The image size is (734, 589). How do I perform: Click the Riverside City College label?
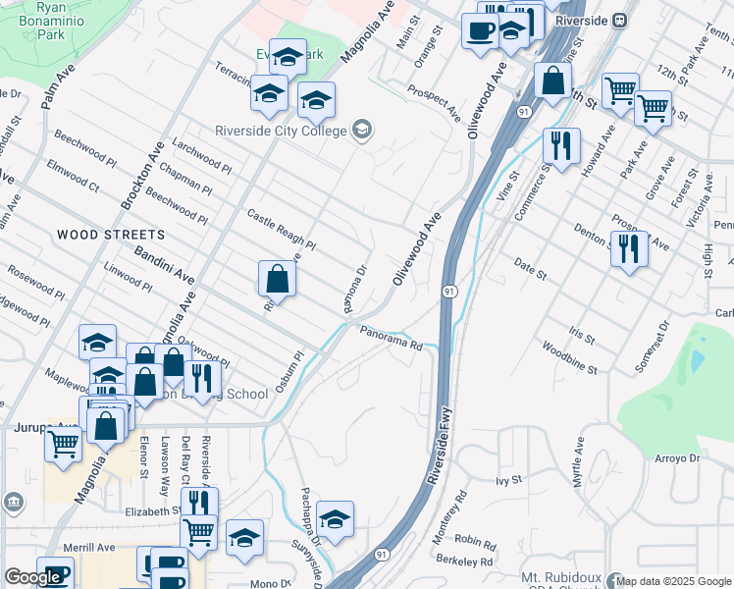point(281,131)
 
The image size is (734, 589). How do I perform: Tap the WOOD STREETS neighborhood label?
point(111,235)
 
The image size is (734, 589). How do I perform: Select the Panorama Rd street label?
point(390,338)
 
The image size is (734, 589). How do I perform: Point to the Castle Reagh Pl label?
point(281,229)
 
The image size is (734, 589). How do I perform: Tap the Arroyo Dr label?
point(678,458)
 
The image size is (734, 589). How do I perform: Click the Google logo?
point(32,577)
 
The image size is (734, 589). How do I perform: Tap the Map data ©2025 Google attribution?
point(673,581)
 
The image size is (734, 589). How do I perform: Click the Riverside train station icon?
point(619,20)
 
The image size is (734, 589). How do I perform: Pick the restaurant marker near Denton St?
point(628,248)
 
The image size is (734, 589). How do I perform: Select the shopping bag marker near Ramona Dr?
point(278,279)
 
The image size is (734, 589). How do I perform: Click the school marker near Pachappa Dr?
point(335,520)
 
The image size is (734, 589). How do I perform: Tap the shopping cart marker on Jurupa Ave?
point(64,444)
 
